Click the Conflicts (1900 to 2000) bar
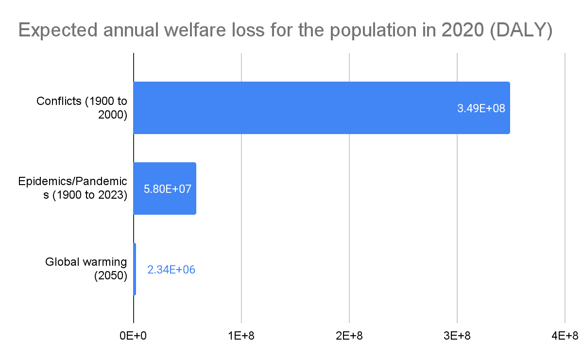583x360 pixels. click(x=322, y=108)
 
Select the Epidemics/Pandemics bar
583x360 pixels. click(x=165, y=189)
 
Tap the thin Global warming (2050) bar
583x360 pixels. click(x=135, y=269)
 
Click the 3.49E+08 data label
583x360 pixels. click(x=481, y=108)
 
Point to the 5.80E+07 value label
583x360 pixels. click(x=167, y=189)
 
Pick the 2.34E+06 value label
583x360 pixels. click(x=171, y=270)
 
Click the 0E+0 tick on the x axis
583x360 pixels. click(x=133, y=336)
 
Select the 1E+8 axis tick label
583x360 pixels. click(x=241, y=336)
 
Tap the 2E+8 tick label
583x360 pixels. click(x=349, y=336)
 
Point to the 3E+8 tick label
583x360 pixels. click(x=457, y=336)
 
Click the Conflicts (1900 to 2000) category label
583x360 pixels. click(x=82, y=108)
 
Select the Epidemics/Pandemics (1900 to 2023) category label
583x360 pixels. click(x=72, y=188)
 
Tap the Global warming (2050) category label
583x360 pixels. click(x=86, y=269)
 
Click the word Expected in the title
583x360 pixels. click(x=57, y=30)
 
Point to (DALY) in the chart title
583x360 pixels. click(x=521, y=30)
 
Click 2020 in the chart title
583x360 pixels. click(x=463, y=30)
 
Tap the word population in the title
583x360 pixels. click(x=373, y=31)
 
